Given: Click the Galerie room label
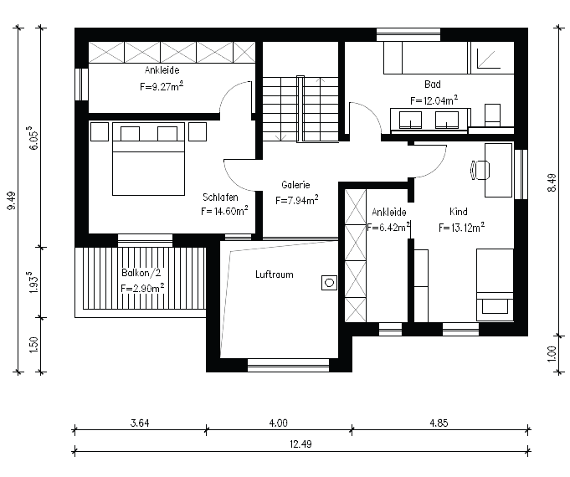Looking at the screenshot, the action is click(x=295, y=185).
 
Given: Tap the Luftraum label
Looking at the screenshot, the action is click(x=274, y=274).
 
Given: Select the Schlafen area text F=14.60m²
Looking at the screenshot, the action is click(x=224, y=211).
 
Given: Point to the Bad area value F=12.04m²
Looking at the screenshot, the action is click(x=434, y=100).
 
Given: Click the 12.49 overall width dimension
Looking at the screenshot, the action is click(x=300, y=444).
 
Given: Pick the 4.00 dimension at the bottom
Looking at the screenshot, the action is click(x=278, y=423).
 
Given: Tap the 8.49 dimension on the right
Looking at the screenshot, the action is click(x=552, y=182).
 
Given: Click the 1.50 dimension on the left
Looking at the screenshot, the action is click(x=33, y=345).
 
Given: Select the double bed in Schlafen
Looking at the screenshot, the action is click(x=148, y=159).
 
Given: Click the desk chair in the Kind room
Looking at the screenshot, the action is click(x=480, y=170).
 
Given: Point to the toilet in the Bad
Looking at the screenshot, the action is click(x=492, y=115).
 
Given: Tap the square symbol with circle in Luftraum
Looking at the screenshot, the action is click(x=329, y=283).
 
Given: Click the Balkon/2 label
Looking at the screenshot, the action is click(x=141, y=273).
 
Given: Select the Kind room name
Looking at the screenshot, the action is click(x=459, y=212).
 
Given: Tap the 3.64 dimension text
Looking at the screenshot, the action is click(x=140, y=423).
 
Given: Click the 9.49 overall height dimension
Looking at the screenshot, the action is click(x=11, y=200).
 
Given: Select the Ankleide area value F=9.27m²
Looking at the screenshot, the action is click(x=162, y=86).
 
